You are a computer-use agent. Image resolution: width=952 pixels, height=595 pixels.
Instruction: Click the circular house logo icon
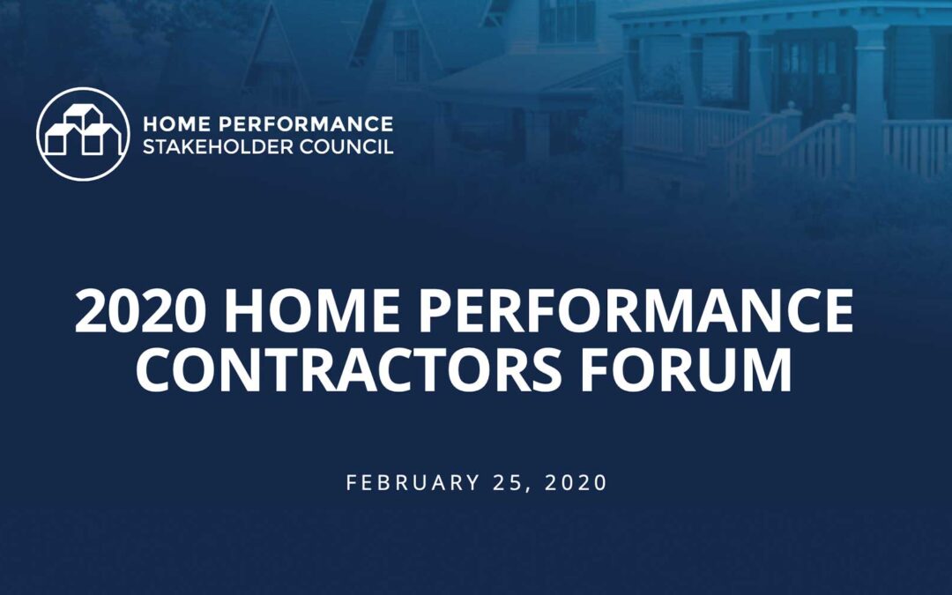coord(83,134)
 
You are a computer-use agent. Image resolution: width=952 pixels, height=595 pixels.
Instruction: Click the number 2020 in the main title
coord(141,311)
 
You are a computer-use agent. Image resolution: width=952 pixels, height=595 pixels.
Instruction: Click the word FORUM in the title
coord(686,369)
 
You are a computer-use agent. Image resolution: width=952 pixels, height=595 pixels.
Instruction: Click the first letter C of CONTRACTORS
coord(156,369)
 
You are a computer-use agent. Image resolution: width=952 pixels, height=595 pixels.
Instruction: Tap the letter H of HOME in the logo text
coord(150,123)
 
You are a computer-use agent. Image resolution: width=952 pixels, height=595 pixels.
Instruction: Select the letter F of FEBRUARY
coord(351,483)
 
